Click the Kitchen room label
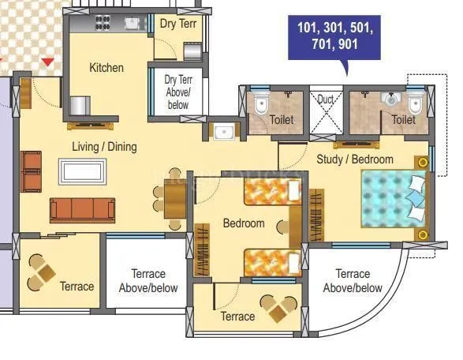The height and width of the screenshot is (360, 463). (106, 68)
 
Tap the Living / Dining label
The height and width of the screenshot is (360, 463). (105, 147)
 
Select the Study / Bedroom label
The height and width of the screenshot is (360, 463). (354, 159)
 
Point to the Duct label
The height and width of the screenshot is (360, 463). (326, 99)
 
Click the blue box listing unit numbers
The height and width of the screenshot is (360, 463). (334, 37)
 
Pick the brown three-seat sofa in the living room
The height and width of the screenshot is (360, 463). (82, 209)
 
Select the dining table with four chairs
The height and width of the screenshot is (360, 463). (174, 196)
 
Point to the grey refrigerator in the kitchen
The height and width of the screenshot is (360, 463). (80, 106)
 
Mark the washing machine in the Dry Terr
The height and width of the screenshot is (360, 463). (192, 51)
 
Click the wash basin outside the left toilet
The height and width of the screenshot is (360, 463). (223, 131)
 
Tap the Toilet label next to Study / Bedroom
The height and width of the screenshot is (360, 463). (403, 120)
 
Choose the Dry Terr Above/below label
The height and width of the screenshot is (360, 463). (177, 92)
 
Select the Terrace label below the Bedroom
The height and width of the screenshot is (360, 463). (237, 317)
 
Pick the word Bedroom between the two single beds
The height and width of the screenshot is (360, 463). (243, 223)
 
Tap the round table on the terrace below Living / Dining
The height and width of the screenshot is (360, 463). (43, 274)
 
